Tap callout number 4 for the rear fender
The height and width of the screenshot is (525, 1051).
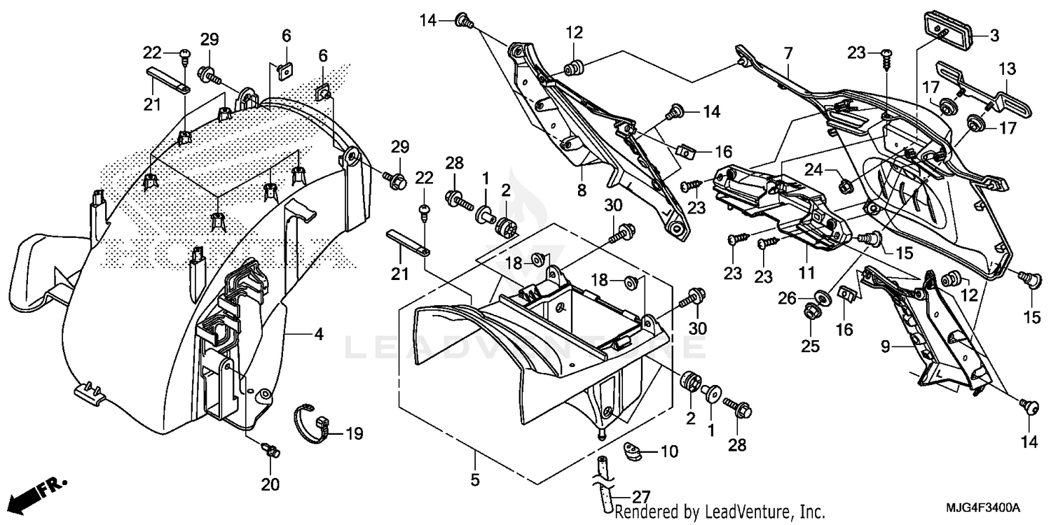[x=319, y=335]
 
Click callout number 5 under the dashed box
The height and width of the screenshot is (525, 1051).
[x=474, y=481]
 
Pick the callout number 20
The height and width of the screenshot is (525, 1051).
[x=270, y=484]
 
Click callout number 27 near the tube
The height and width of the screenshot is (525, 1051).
[x=640, y=498]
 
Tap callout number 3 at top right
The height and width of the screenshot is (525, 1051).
[x=994, y=34]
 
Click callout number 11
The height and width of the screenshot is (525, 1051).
[x=806, y=272]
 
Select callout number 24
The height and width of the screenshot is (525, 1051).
[x=812, y=169]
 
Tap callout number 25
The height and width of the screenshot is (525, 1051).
[x=809, y=326]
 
